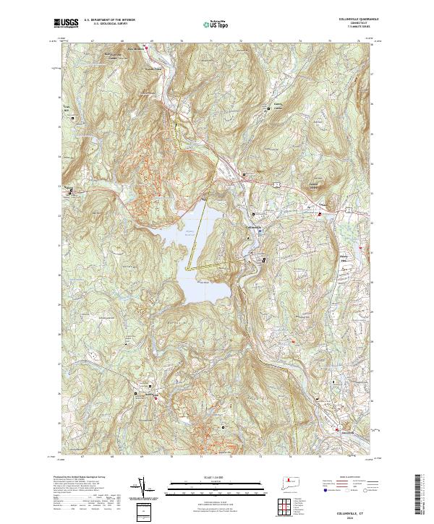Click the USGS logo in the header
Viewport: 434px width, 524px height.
tap(66, 24)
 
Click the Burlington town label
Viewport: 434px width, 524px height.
tap(151, 394)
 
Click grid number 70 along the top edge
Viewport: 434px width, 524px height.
tap(172, 41)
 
